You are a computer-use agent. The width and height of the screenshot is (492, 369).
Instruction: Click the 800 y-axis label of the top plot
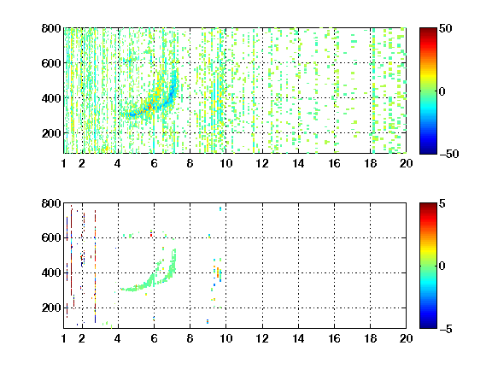[51, 28]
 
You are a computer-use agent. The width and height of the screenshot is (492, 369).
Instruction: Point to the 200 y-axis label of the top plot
[51, 133]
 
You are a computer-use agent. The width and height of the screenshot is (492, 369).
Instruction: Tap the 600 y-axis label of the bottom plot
[51, 237]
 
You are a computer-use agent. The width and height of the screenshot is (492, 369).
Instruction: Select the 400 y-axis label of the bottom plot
[51, 272]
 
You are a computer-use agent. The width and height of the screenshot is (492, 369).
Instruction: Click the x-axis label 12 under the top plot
[262, 163]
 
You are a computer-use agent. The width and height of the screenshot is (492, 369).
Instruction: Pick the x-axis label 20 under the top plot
[406, 163]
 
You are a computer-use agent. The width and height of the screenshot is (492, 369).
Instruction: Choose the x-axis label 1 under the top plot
[64, 163]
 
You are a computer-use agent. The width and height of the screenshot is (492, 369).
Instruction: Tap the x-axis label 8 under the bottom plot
[190, 338]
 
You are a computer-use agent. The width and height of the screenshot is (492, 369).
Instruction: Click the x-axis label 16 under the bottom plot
[334, 338]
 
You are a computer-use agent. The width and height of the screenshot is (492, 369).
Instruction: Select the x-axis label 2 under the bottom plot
[82, 338]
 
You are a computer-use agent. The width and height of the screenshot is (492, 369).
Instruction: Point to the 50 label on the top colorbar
[446, 28]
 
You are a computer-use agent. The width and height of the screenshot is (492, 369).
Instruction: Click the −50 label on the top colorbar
[449, 154]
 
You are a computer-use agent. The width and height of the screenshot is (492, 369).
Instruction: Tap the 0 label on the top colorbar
[442, 91]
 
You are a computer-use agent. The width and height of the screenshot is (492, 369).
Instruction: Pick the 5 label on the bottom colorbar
[442, 203]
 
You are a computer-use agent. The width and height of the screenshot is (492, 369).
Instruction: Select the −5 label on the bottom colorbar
[446, 329]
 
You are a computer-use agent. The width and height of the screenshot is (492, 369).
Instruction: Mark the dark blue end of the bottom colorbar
[428, 326]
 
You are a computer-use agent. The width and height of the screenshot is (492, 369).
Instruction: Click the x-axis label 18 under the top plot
[370, 163]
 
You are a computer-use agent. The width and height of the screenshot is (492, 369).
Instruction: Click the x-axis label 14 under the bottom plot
[298, 338]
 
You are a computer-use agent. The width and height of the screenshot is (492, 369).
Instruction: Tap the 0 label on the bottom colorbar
[442, 266]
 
